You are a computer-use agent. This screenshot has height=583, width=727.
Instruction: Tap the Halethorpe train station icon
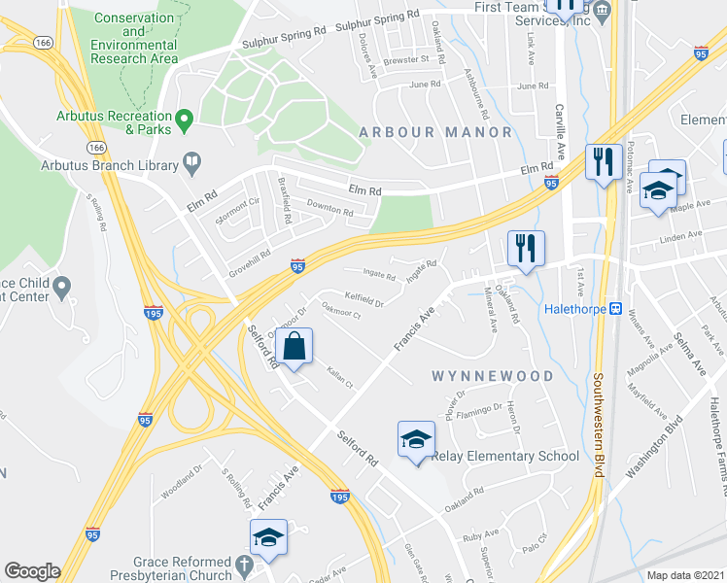(615, 308)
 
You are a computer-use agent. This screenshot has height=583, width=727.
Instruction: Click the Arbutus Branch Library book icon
(192, 163)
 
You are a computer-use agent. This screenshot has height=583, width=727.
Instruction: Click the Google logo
(32, 571)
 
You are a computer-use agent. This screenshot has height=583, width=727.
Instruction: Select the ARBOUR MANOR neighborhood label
(434, 131)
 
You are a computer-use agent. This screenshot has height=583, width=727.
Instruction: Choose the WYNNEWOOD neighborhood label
(493, 376)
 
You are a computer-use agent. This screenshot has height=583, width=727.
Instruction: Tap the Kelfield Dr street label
(363, 300)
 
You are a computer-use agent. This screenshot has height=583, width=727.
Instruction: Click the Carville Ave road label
(560, 131)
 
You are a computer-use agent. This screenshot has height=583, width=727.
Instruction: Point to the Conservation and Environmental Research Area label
(135, 38)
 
